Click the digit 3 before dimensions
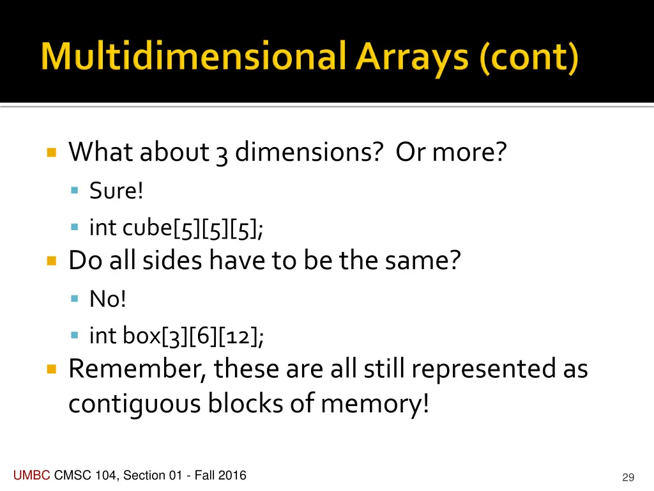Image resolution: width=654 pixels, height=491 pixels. tap(222, 153)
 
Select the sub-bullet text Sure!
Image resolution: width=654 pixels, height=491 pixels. tap(116, 191)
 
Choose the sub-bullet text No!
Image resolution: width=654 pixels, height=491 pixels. tap(108, 299)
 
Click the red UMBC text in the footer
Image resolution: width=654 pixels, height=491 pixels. tap(31, 475)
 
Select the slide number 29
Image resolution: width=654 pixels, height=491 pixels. tap(628, 478)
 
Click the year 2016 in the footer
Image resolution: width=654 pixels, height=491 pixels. tap(232, 475)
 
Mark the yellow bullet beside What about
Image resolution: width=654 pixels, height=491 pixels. tap(52, 153)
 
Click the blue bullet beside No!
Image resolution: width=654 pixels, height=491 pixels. tap(75, 299)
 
